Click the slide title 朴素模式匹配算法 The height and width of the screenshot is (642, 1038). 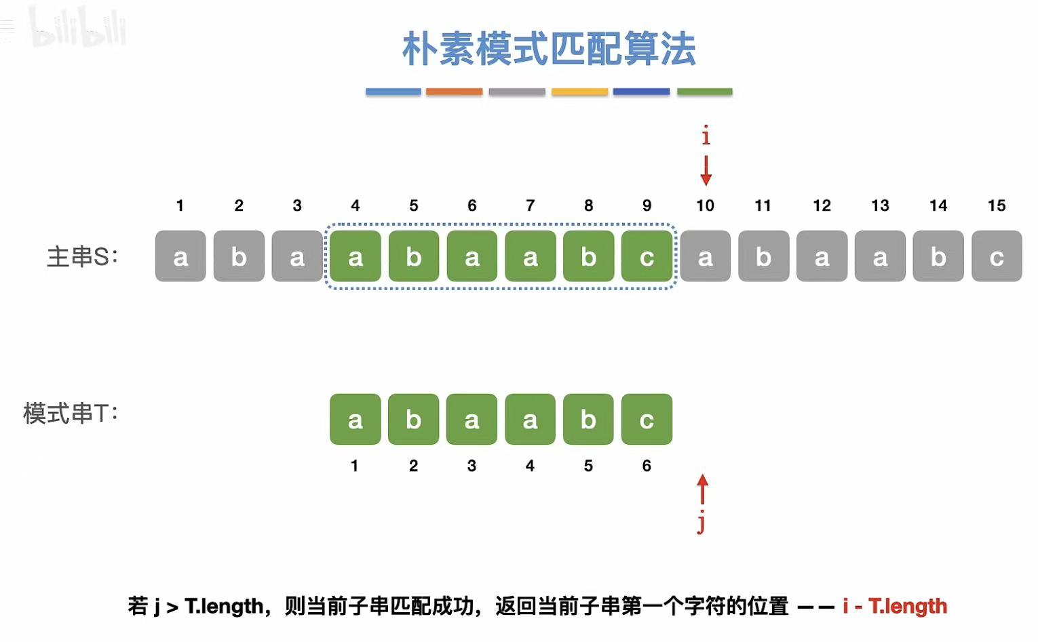pos(549,49)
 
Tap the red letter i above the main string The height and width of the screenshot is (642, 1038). pos(706,136)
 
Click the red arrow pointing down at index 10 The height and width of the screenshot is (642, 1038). pos(706,170)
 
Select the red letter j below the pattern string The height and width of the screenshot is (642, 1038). pos(701,523)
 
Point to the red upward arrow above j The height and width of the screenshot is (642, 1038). pos(702,489)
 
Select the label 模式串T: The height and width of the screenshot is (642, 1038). pos(71,413)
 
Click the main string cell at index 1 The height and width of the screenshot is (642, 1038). pos(180,256)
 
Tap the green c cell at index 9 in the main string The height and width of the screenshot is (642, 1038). pos(647,256)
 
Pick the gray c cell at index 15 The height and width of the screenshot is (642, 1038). pos(997,256)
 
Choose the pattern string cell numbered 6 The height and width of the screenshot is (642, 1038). pos(647,420)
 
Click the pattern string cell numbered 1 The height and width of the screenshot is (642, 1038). pos(355,420)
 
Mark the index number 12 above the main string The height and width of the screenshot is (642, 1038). pos(822,205)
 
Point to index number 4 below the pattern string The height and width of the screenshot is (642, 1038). pos(530,466)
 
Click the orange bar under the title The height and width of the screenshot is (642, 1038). pos(454,92)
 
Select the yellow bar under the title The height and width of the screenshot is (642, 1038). pos(579,92)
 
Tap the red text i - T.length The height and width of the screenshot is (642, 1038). pos(895,605)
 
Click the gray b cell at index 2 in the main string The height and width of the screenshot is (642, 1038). pos(239,256)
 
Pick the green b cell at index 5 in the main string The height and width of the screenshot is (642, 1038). pos(414,256)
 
